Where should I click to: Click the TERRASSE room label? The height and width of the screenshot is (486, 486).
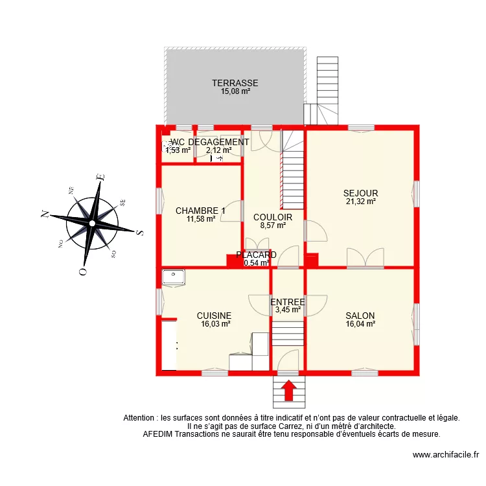coord(235,83)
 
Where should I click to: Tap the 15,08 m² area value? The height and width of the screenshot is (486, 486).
coord(235,91)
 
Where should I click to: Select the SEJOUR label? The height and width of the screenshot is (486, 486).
coord(361,193)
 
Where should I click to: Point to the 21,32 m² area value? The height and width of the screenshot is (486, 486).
coord(361,202)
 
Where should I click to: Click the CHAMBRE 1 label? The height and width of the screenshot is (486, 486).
coord(200,211)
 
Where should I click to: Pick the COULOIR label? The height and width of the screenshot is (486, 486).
coord(273,218)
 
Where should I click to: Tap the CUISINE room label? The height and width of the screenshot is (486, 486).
coord(214,316)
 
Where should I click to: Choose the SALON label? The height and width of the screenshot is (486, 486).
coord(360,316)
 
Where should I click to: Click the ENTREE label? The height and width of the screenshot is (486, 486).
coord(288,302)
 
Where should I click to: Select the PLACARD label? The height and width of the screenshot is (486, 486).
coord(257,255)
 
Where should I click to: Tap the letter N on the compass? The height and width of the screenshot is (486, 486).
coord(45,214)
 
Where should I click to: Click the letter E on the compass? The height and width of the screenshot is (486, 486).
coord(100,177)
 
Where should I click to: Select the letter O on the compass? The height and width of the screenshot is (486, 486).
coord(83,272)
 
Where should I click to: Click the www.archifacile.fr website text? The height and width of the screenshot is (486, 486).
coord(445,456)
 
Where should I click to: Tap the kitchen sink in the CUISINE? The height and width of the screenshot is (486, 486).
coord(174,277)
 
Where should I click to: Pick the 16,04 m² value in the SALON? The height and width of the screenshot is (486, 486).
coord(360,324)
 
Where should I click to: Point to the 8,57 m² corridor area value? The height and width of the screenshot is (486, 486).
coord(273,226)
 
